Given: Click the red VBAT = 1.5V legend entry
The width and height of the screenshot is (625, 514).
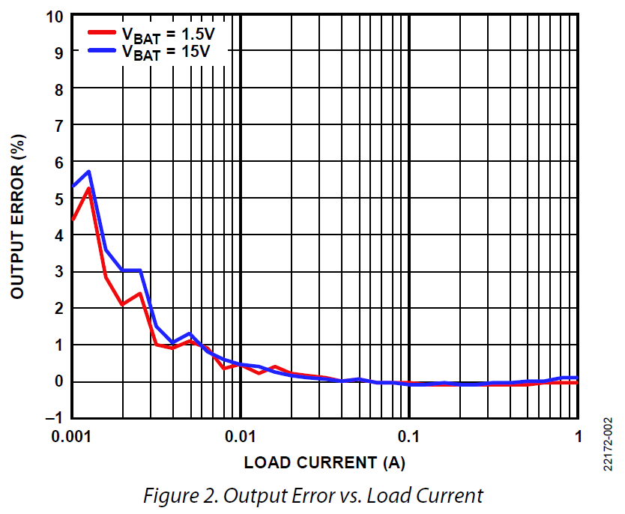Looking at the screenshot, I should coord(154,33).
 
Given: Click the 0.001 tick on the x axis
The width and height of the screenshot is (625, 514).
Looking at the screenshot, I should coord(72,436).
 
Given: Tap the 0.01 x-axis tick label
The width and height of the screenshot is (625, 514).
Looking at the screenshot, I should coord(241,436).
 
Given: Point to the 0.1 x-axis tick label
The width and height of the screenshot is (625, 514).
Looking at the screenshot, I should coord(409,436).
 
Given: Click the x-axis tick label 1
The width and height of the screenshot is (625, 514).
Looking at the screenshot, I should coord(578,436).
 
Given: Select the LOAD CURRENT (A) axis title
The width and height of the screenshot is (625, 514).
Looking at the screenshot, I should coord(324,462).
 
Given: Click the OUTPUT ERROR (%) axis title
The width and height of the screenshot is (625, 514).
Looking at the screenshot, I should coord(18,217).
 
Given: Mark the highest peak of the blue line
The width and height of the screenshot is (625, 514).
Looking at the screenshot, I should coord(89,172).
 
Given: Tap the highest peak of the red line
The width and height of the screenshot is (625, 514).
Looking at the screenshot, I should coord(89,189).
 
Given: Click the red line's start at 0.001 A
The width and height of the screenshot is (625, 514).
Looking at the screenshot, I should coord(73,220).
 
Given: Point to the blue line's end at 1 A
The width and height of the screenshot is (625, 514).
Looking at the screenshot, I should coord(577,378).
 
